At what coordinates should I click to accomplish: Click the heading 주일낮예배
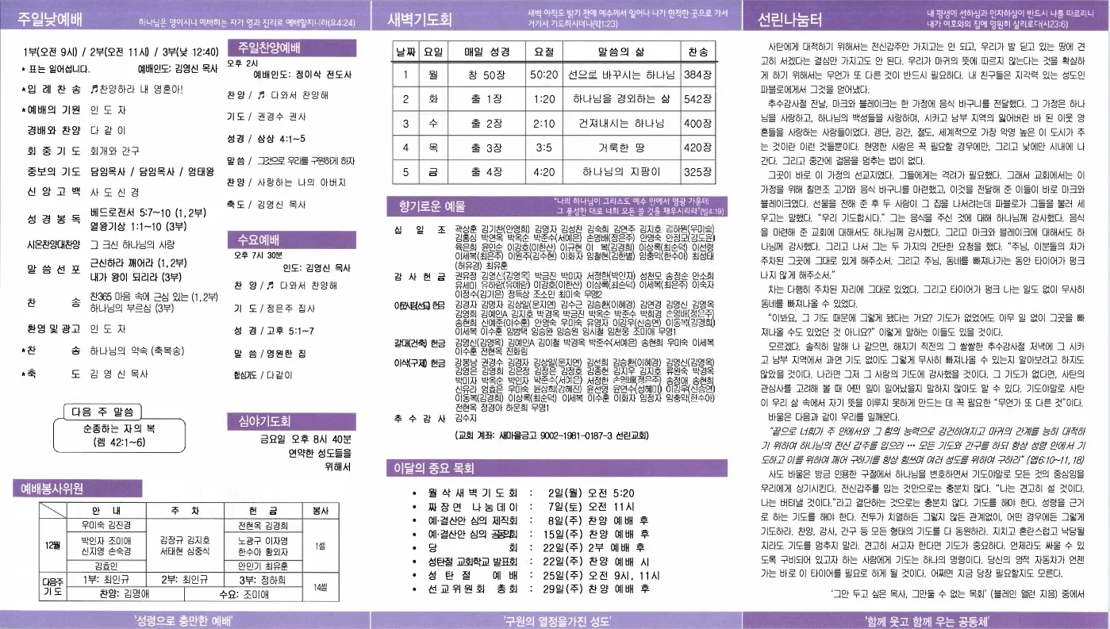[x=56, y=20]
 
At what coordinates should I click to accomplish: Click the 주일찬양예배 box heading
[x=268, y=47]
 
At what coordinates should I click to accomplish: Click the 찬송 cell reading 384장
[x=697, y=75]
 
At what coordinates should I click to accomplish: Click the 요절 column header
[x=543, y=52]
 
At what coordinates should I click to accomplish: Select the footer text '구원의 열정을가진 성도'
[x=555, y=620]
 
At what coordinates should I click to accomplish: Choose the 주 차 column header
[x=184, y=510]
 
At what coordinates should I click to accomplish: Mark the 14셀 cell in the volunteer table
[x=321, y=587]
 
